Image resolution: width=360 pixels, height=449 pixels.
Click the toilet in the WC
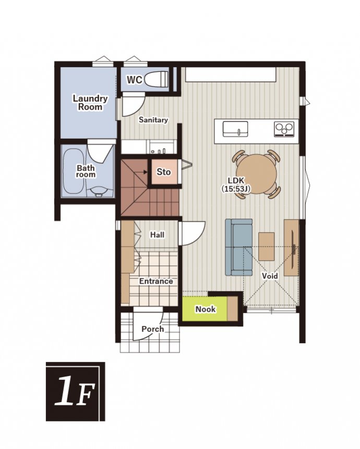point(157,79)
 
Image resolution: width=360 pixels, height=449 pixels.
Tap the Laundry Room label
point(90,103)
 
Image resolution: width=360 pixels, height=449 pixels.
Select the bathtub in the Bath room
point(73,172)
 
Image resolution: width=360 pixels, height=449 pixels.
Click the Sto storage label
point(163,172)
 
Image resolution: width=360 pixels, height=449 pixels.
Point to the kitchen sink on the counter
point(235,129)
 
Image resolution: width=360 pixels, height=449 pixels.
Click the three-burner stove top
point(284,129)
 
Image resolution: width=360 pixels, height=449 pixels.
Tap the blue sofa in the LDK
point(239,247)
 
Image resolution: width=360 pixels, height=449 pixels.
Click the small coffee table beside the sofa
point(267,246)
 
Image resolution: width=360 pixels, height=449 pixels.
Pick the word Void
point(270,276)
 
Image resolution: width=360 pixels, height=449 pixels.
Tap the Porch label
point(153,329)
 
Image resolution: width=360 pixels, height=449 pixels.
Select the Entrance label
point(156,281)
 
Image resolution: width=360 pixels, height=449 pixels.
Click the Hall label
point(158,235)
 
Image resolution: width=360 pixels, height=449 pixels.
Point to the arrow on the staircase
point(142,172)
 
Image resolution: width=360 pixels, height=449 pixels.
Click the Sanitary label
point(153,120)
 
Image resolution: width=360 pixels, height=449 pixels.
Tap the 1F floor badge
point(75,392)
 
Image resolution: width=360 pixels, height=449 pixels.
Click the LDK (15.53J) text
point(236,185)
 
